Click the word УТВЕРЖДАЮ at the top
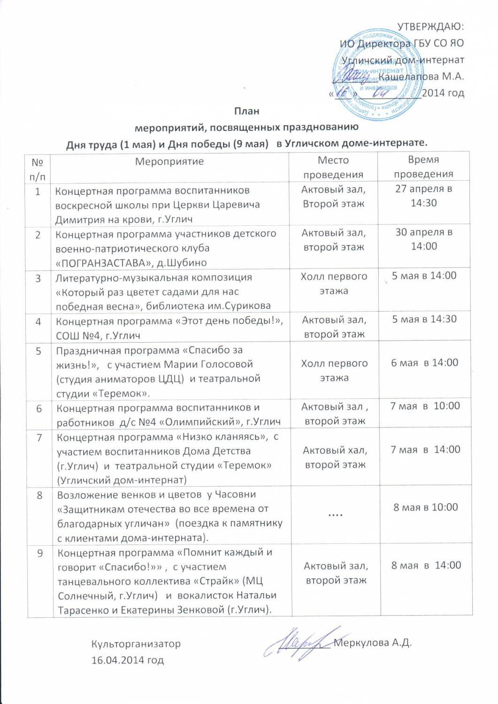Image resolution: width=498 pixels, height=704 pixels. [x=430, y=26]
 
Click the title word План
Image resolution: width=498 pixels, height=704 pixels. [x=247, y=111]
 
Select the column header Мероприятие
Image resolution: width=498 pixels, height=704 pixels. [x=169, y=162]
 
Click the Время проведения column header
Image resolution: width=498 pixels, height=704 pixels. [x=423, y=167]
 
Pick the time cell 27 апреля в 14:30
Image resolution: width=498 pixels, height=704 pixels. [x=424, y=196]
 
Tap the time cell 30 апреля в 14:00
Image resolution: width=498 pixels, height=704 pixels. [x=424, y=239]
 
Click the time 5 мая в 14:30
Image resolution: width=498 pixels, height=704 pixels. [x=424, y=319]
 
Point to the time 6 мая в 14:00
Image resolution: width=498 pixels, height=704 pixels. [x=425, y=362]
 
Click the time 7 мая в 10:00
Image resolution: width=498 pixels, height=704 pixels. [x=425, y=406]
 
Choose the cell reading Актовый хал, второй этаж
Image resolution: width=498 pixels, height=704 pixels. [x=335, y=457]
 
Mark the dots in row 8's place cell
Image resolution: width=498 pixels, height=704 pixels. [x=335, y=514]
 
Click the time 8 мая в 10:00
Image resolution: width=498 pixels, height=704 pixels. [x=426, y=507]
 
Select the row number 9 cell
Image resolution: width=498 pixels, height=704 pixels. [x=40, y=553]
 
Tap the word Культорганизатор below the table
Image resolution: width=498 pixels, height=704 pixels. [x=136, y=643]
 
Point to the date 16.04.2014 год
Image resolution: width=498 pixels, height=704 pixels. [x=128, y=660]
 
